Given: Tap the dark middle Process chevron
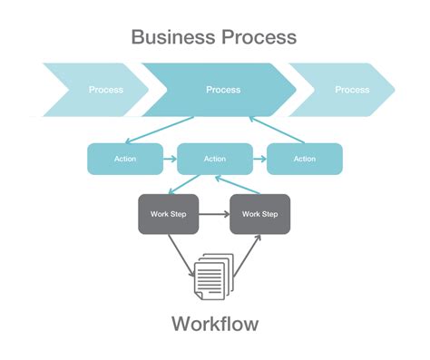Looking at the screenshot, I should (222, 90).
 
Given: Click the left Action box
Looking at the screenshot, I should (124, 159).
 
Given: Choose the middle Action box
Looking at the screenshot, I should (215, 159).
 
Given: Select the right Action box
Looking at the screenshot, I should (305, 159).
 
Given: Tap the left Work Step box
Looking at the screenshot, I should (168, 214).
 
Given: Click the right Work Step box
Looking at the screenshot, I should (260, 214).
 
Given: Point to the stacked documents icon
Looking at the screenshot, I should (214, 274).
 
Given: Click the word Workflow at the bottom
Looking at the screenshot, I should (214, 324).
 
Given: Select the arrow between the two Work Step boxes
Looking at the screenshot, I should (214, 215).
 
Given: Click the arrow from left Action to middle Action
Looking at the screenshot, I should (170, 159).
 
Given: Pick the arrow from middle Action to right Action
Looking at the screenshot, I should (259, 159).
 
